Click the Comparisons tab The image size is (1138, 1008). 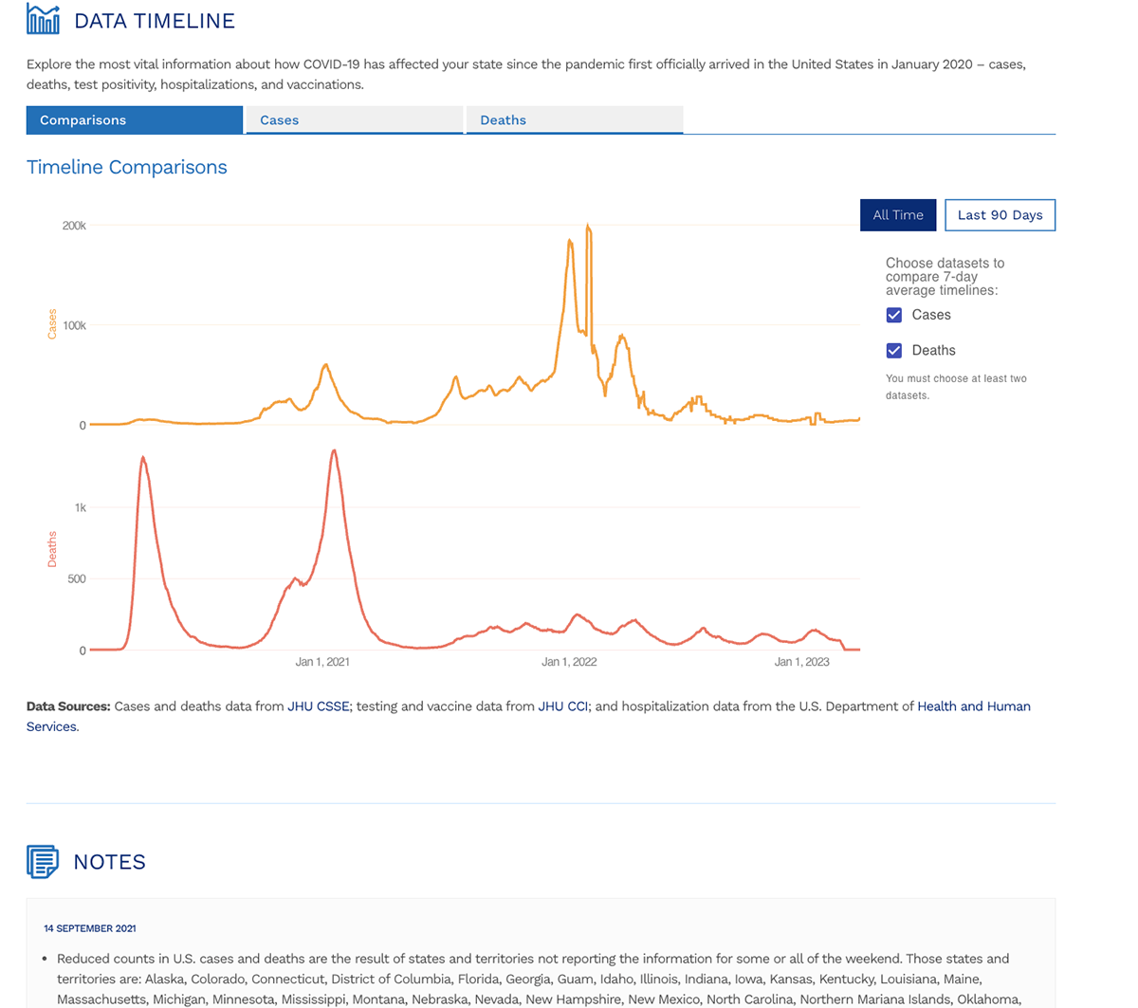tap(134, 120)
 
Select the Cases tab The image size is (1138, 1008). tap(354, 120)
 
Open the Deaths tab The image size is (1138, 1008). tap(574, 120)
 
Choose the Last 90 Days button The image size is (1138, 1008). tap(1000, 215)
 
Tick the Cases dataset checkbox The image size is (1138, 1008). tap(894, 315)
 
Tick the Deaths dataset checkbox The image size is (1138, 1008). tap(894, 351)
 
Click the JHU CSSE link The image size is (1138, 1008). tap(318, 706)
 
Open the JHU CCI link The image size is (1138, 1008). tap(563, 706)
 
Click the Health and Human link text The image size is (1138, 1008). tap(973, 706)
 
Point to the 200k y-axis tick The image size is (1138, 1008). tap(74, 226)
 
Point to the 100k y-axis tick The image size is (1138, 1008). tap(74, 325)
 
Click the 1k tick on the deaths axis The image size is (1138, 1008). tap(80, 507)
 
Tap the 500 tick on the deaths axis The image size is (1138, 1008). tap(76, 578)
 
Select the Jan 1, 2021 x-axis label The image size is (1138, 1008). tap(322, 662)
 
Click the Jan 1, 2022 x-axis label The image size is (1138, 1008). tap(569, 662)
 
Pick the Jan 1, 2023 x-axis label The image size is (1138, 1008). tap(801, 662)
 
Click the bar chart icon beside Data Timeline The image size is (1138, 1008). tap(43, 20)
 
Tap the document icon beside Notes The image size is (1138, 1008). tap(43, 862)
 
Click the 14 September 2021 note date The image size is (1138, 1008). tap(89, 928)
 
